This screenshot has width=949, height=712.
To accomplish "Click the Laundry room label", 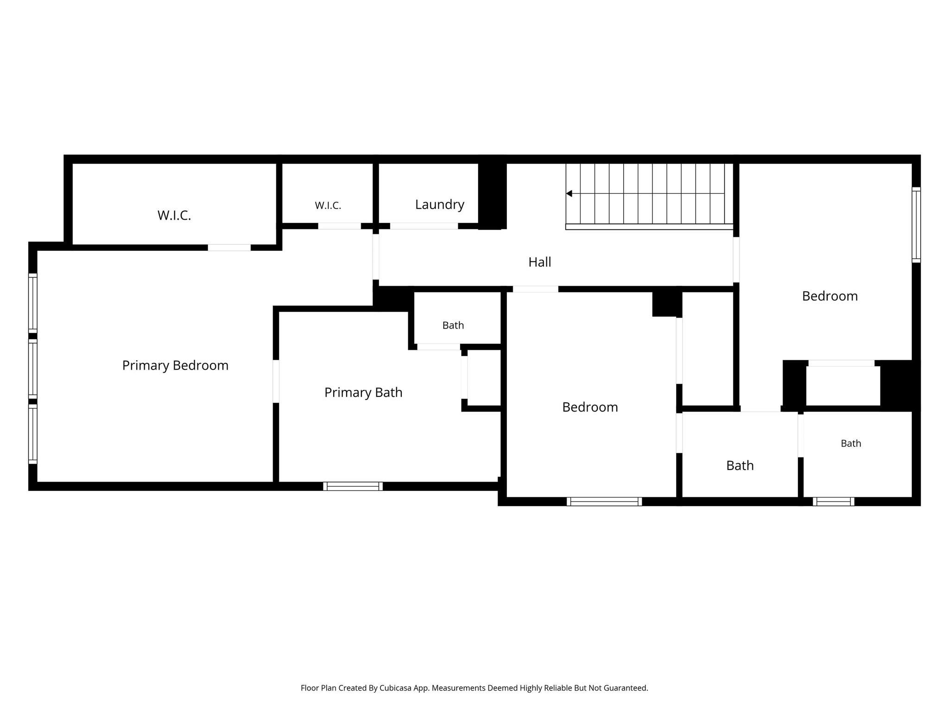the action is (x=440, y=205).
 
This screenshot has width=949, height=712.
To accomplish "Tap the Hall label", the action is (x=540, y=262).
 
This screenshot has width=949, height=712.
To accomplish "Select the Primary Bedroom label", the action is (x=175, y=366).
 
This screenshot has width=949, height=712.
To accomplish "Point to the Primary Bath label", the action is (x=363, y=393).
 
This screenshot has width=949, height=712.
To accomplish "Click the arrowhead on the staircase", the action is (x=569, y=193).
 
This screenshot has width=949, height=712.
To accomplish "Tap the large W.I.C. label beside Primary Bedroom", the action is (x=174, y=216).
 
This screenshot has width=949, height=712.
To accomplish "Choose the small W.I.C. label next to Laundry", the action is (x=328, y=206).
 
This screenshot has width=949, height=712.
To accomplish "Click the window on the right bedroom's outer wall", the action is (x=916, y=225).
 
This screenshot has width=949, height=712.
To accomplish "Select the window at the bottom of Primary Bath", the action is (x=353, y=486).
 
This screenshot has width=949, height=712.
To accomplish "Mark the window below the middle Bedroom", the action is (x=604, y=502).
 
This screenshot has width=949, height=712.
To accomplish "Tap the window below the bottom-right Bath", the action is (x=834, y=502).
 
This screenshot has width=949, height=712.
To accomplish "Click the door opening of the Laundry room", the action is (x=424, y=226).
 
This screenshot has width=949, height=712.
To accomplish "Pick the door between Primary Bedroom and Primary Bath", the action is (x=276, y=381).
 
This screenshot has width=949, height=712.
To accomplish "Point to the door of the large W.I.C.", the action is (x=229, y=248).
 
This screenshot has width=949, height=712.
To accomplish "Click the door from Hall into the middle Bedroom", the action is (x=536, y=289).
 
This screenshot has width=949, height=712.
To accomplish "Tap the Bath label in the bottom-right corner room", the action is (x=851, y=444).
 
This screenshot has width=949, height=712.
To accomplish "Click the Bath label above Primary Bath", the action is (x=453, y=325).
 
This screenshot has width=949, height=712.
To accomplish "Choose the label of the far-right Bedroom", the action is (x=830, y=296).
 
